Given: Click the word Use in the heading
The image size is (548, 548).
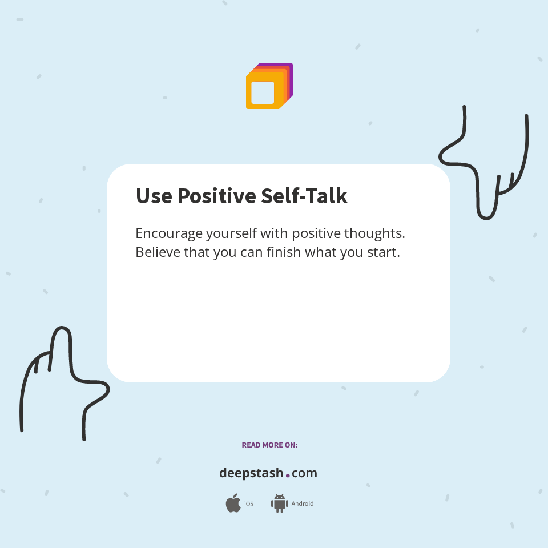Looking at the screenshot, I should [x=154, y=196].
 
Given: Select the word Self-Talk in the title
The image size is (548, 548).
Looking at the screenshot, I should [x=304, y=196].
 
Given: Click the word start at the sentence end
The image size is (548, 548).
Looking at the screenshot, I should [x=384, y=252].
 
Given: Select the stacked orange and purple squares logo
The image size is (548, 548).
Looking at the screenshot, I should [x=269, y=86].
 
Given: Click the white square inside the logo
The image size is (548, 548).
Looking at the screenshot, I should [x=263, y=92].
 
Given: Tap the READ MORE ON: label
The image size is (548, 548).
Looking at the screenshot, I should [x=269, y=445].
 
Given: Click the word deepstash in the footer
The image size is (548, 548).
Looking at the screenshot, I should [x=251, y=473].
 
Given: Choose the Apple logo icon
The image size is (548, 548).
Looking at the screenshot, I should [x=233, y=503].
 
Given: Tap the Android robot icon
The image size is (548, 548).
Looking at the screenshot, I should [x=279, y=503].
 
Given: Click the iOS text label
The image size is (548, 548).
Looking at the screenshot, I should [x=249, y=504].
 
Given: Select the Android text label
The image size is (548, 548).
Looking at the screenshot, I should [x=302, y=504].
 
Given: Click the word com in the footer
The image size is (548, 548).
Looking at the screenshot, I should [x=304, y=473].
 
